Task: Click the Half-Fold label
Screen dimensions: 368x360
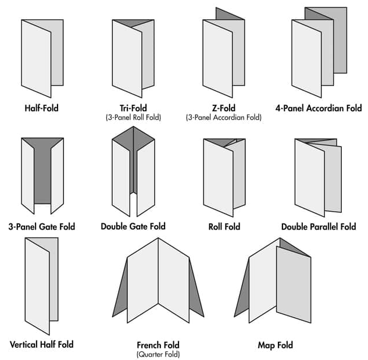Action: (41, 108)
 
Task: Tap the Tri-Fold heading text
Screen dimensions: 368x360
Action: (133, 108)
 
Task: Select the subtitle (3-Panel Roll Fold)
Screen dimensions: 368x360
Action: (133, 117)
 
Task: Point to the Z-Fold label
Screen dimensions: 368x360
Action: (224, 108)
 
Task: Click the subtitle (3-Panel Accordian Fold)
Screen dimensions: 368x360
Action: (224, 117)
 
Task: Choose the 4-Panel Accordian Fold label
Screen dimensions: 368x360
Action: (319, 108)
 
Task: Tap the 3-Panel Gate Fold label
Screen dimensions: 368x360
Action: (42, 227)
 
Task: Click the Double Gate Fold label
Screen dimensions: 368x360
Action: (133, 226)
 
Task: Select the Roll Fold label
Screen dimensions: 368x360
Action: (224, 227)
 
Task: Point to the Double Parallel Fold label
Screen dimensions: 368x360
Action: (319, 227)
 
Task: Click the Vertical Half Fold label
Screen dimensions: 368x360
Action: (41, 344)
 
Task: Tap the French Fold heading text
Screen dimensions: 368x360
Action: (158, 345)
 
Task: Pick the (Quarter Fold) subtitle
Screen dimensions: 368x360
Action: (158, 354)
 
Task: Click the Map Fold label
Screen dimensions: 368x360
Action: (276, 345)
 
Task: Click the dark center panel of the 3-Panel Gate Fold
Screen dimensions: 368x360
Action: (42, 174)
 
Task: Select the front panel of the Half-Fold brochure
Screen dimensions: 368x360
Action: (36, 59)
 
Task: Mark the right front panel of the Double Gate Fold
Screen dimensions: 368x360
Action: (146, 178)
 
